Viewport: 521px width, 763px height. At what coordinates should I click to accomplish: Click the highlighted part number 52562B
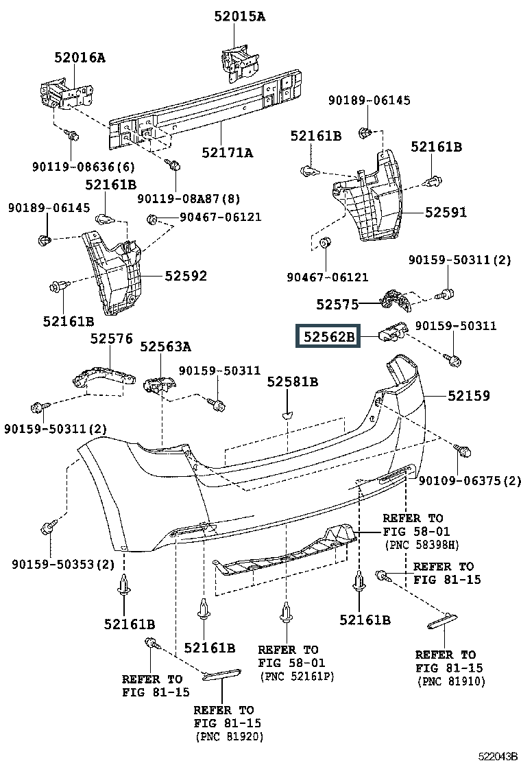[328, 336]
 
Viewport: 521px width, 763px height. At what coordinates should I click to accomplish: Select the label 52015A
[240, 16]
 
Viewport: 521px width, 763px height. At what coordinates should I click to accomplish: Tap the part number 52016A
[80, 58]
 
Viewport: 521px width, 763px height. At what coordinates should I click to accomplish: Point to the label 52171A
[228, 153]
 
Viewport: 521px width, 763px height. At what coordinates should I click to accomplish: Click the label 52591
[446, 212]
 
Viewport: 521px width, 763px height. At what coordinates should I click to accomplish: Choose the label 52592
[186, 276]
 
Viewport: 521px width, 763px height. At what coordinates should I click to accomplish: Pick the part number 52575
[337, 305]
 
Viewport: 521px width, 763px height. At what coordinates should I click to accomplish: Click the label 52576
[111, 339]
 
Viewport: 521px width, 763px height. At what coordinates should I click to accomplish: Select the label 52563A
[166, 347]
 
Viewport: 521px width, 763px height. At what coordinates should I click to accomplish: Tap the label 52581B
[293, 382]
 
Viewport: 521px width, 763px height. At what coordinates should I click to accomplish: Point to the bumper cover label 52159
[468, 396]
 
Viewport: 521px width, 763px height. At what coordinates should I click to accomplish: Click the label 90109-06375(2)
[470, 481]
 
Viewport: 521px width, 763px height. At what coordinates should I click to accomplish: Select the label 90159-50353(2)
[63, 564]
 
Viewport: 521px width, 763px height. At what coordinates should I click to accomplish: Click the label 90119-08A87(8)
[189, 198]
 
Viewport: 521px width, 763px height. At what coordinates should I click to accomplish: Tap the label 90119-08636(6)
[84, 167]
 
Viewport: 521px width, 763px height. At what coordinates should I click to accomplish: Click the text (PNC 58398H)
[422, 545]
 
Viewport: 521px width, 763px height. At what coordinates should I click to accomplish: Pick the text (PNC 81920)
[230, 737]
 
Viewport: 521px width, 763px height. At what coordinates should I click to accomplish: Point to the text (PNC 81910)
[451, 681]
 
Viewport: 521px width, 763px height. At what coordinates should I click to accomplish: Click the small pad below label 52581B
[287, 415]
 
